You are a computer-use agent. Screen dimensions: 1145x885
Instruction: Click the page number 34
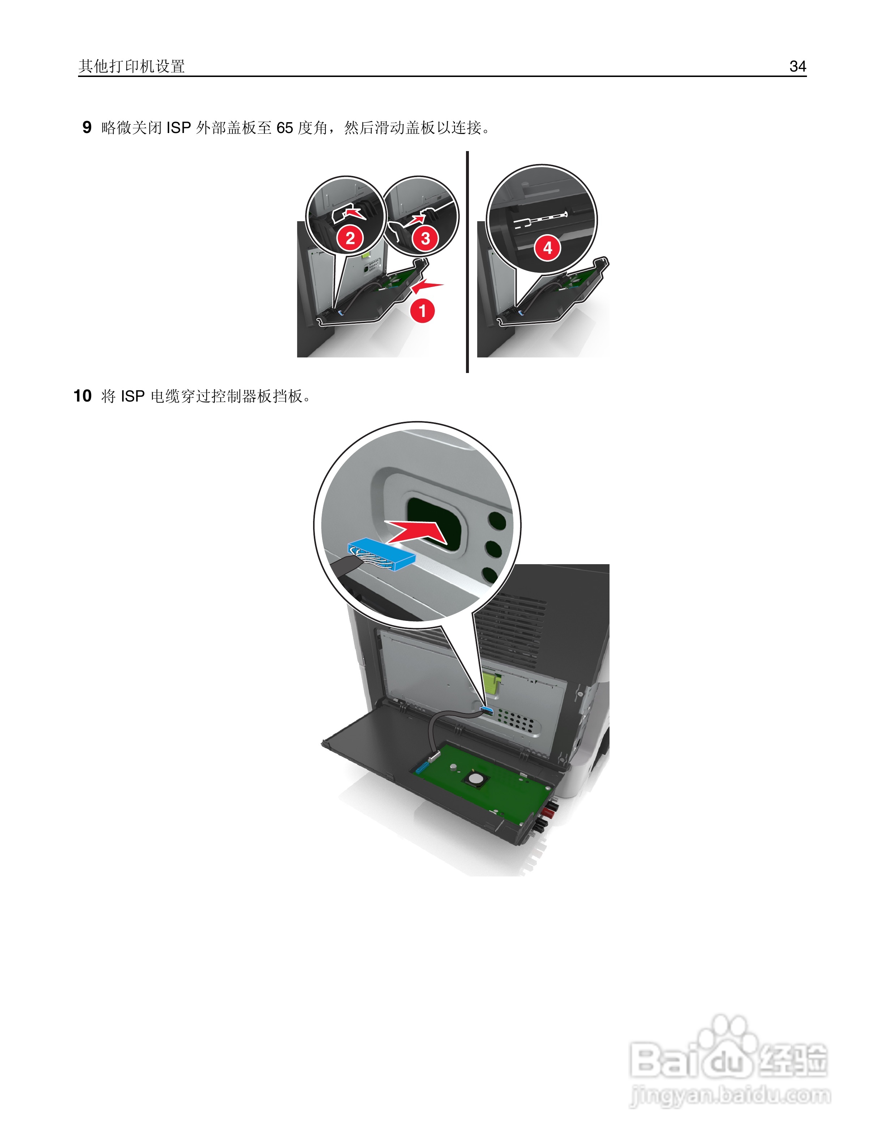[797, 66]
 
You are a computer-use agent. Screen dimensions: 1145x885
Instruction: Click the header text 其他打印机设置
[132, 66]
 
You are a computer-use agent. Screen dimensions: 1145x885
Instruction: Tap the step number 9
[87, 127]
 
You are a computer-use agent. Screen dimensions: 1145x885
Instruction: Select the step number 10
[82, 396]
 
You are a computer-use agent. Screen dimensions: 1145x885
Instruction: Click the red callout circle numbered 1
[422, 311]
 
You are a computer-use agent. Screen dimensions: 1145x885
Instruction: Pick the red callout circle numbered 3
[425, 239]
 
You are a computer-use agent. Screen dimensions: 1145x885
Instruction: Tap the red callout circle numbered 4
[547, 248]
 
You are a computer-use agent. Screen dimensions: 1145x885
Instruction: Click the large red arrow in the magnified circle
[417, 531]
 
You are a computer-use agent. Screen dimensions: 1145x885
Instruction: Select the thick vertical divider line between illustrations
[467, 262]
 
